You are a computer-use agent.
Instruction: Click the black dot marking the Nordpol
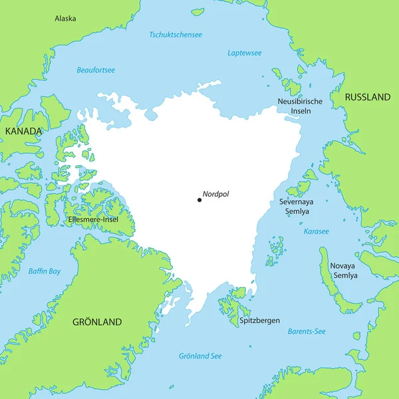pos(199,199)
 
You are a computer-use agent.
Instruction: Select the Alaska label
pos(65,19)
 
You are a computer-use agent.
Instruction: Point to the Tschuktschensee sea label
pos(176,34)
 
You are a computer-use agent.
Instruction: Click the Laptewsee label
pos(244,53)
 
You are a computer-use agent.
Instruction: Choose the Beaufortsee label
pos(96,70)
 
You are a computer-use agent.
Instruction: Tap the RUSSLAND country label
pos(367,97)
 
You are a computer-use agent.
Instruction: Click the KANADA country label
pos(23,131)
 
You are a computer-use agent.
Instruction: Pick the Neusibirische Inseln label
pos(300,106)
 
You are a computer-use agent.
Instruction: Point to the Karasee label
pos(316,231)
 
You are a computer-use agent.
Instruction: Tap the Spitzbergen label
pos(259,320)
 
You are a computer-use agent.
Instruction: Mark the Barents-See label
pos(306,331)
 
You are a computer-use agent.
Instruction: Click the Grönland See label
pos(200,356)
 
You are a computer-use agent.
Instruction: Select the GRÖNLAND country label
pos(97,322)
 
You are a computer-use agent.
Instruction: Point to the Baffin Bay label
pos(45,271)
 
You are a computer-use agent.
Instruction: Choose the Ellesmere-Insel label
pos(93,218)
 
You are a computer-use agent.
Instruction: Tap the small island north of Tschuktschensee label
pos(198,11)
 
